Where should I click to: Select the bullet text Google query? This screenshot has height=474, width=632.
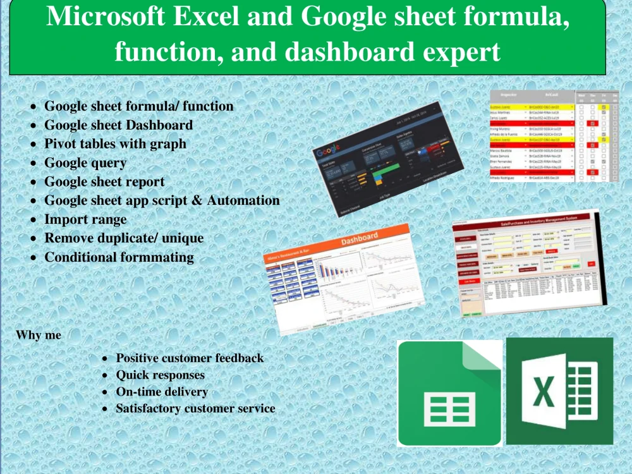85,163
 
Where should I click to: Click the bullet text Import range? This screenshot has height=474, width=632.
85,220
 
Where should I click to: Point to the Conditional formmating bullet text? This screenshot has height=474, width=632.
119,258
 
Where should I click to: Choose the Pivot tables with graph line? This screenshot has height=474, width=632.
115,144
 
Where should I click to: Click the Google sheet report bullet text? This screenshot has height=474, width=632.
104,182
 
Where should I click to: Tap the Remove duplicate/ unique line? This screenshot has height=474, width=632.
124,239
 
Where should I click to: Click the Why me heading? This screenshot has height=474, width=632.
39,335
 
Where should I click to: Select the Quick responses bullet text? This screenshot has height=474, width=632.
160,375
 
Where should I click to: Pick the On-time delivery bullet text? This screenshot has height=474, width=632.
162,392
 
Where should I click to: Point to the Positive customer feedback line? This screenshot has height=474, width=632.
190,358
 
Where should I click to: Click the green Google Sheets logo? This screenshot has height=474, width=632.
450,393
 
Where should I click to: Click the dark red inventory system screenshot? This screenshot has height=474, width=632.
530,262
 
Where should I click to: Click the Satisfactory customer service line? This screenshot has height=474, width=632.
195,409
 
